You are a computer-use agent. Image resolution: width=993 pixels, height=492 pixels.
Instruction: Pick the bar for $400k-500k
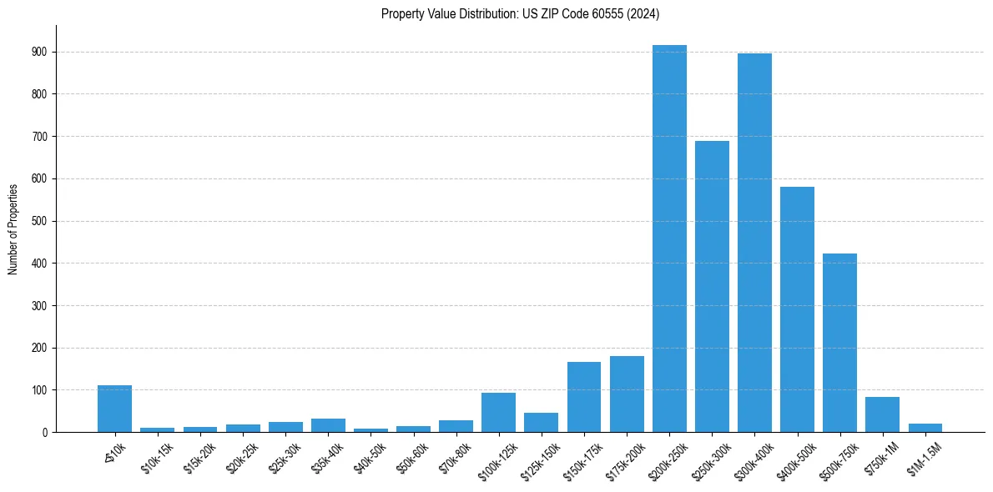[797, 309]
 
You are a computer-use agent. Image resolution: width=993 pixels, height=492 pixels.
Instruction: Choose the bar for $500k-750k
[839, 343]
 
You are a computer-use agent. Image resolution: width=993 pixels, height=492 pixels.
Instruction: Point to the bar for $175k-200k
[627, 394]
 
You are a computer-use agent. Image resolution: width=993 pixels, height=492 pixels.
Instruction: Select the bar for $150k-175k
[584, 397]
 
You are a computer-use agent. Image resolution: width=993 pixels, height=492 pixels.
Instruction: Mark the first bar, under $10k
[114, 409]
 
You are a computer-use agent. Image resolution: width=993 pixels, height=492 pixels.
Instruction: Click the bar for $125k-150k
[541, 423]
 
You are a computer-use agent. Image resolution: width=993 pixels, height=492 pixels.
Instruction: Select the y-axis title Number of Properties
[13, 228]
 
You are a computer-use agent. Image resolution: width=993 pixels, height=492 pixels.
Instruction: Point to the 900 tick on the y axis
[38, 52]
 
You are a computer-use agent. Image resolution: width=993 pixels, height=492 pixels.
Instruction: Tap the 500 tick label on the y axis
[38, 221]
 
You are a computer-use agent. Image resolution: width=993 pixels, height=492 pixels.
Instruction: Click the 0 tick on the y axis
[43, 432]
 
